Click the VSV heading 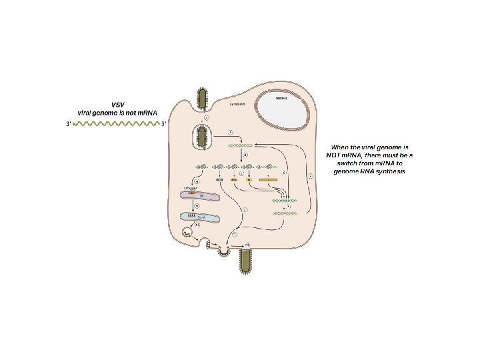117,105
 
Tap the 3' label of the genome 68,124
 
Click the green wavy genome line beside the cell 117,124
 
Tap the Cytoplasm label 238,105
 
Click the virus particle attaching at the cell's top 203,98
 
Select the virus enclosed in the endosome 203,138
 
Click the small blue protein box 219,180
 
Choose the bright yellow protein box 249,180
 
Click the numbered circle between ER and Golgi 197,207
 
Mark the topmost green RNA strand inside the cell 240,145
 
